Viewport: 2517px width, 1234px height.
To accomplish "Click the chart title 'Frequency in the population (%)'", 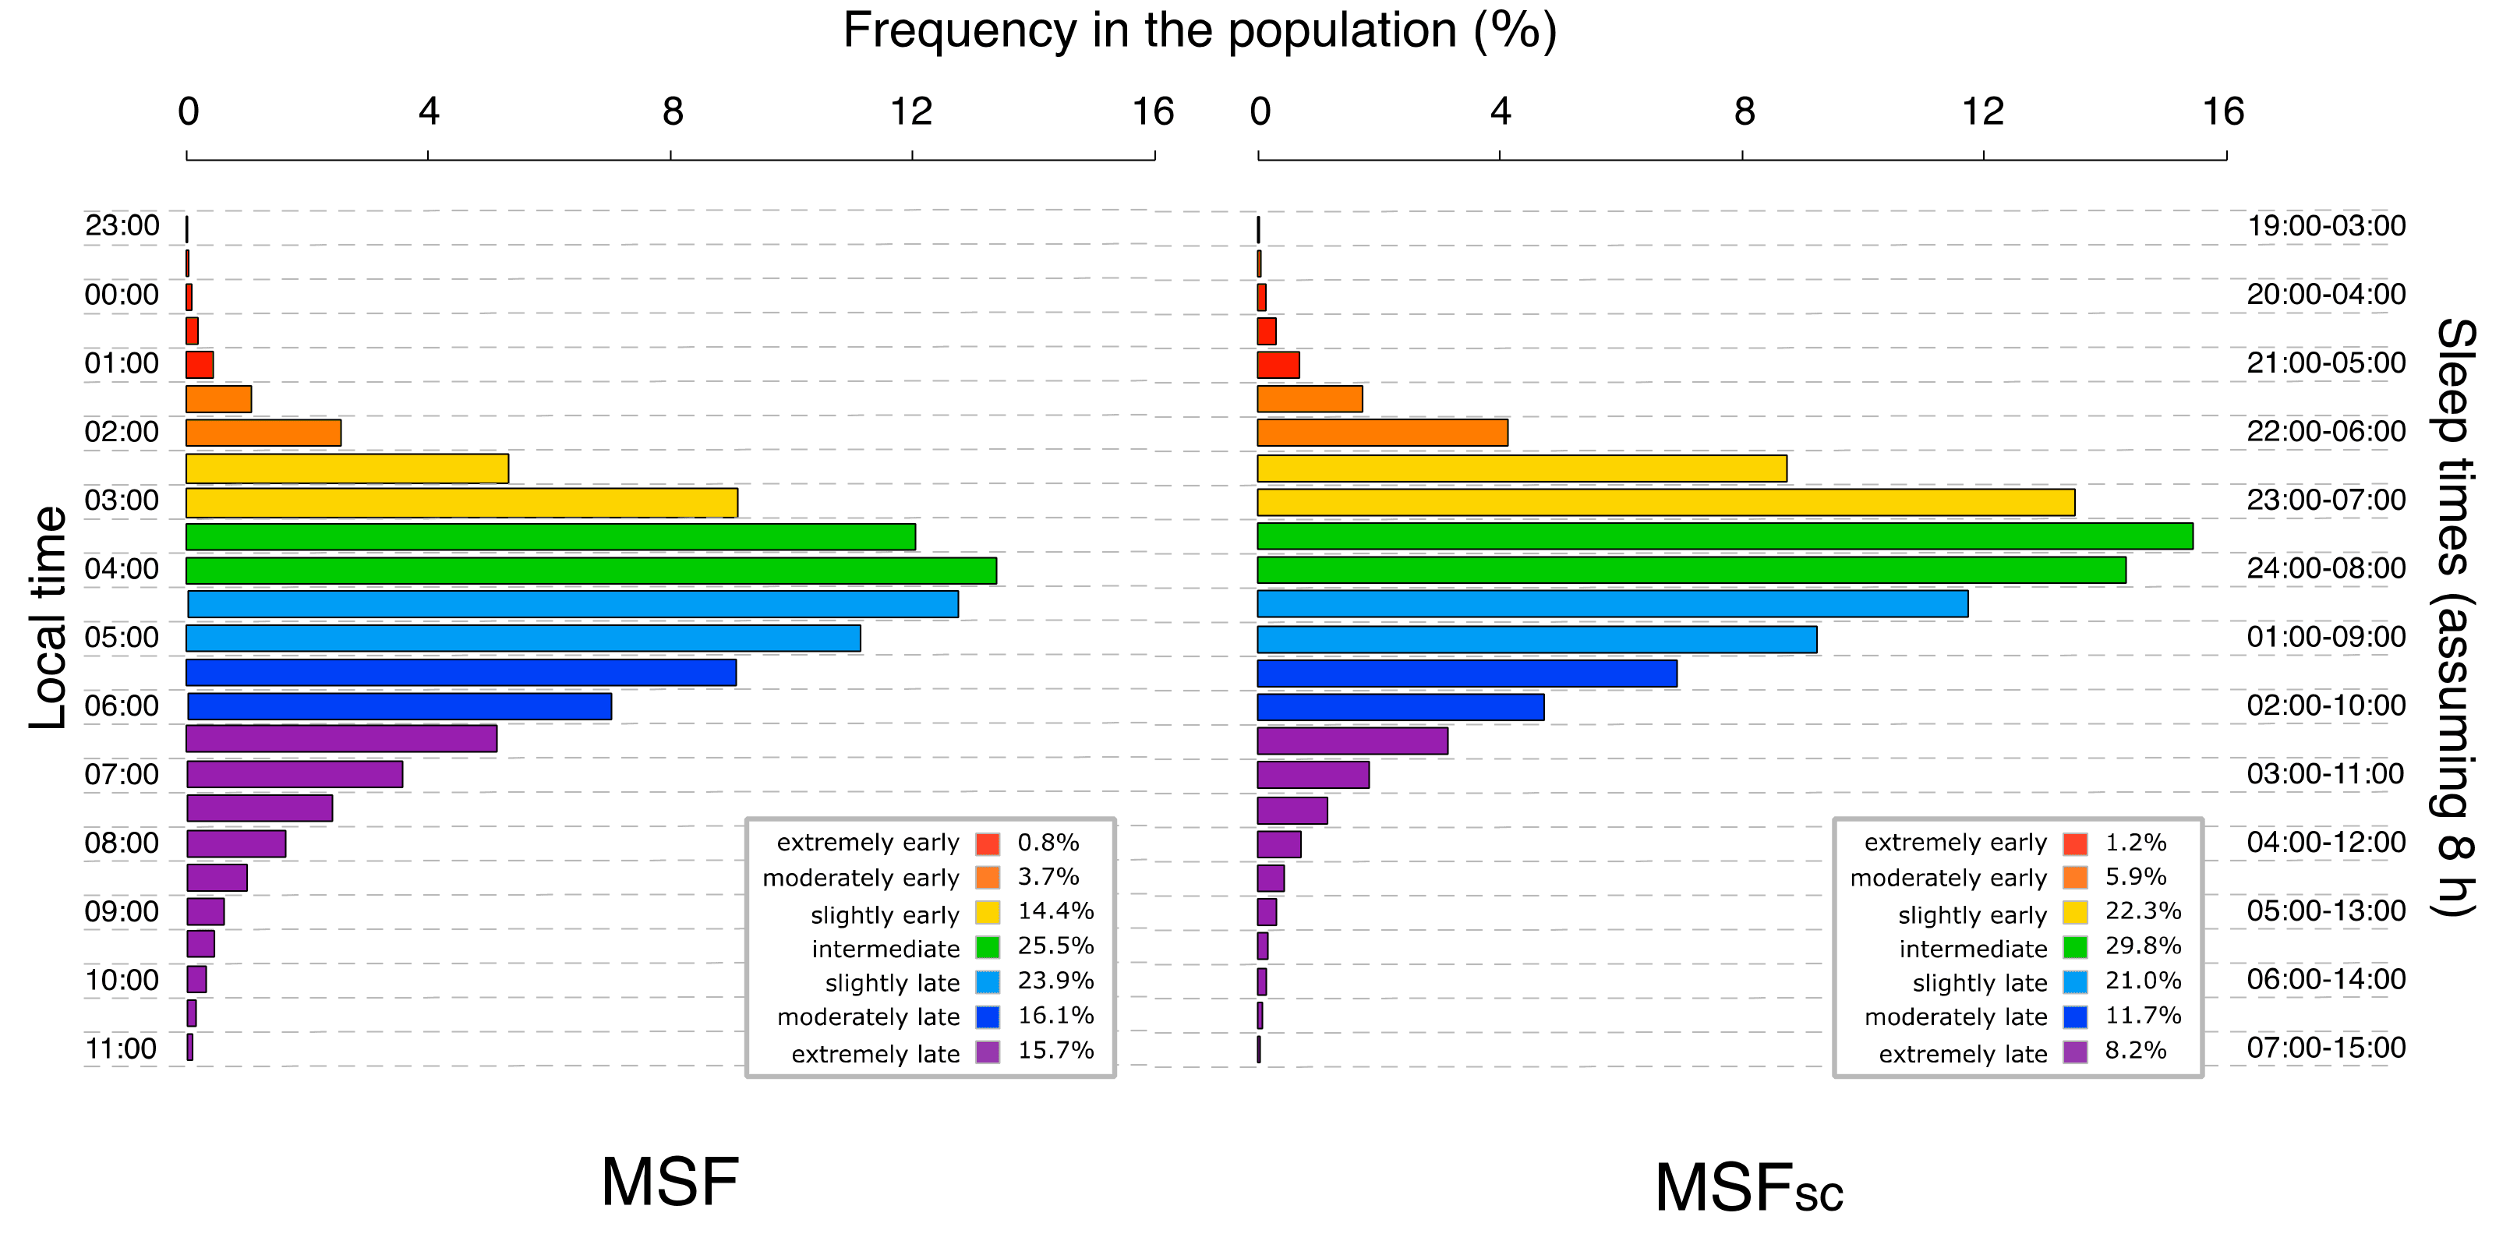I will (x=1199, y=31).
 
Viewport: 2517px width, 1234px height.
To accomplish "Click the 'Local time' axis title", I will (x=49, y=617).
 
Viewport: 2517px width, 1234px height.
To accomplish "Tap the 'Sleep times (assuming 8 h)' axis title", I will (x=2455, y=617).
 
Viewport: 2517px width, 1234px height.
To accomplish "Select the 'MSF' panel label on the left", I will (x=670, y=1183).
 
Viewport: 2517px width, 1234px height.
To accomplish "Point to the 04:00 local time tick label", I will (x=121, y=568).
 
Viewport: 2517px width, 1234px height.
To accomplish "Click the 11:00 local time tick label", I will (x=121, y=1048).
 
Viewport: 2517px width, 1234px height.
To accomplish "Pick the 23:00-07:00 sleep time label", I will (x=2325, y=500).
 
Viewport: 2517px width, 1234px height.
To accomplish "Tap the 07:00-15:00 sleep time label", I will (x=2325, y=1048).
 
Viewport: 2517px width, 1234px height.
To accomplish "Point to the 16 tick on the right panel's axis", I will (x=2223, y=112).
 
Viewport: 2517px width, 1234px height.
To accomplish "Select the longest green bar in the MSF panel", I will (x=591, y=571).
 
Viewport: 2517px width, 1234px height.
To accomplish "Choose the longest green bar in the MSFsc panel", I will (x=1724, y=536).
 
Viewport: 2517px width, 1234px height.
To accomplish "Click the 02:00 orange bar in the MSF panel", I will (x=263, y=433).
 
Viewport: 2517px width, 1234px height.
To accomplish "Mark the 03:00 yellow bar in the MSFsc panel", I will (x=1666, y=502).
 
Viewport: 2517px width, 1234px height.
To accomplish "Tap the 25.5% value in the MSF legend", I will (x=1055, y=946).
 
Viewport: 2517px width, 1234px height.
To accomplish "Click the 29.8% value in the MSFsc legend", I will (x=2143, y=946).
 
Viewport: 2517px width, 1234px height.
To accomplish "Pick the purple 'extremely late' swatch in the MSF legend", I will (x=988, y=1052).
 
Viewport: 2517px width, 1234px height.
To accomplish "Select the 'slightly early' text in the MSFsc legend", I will (x=1972, y=915).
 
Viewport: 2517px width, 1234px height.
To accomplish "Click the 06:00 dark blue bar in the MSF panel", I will (x=400, y=706).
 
